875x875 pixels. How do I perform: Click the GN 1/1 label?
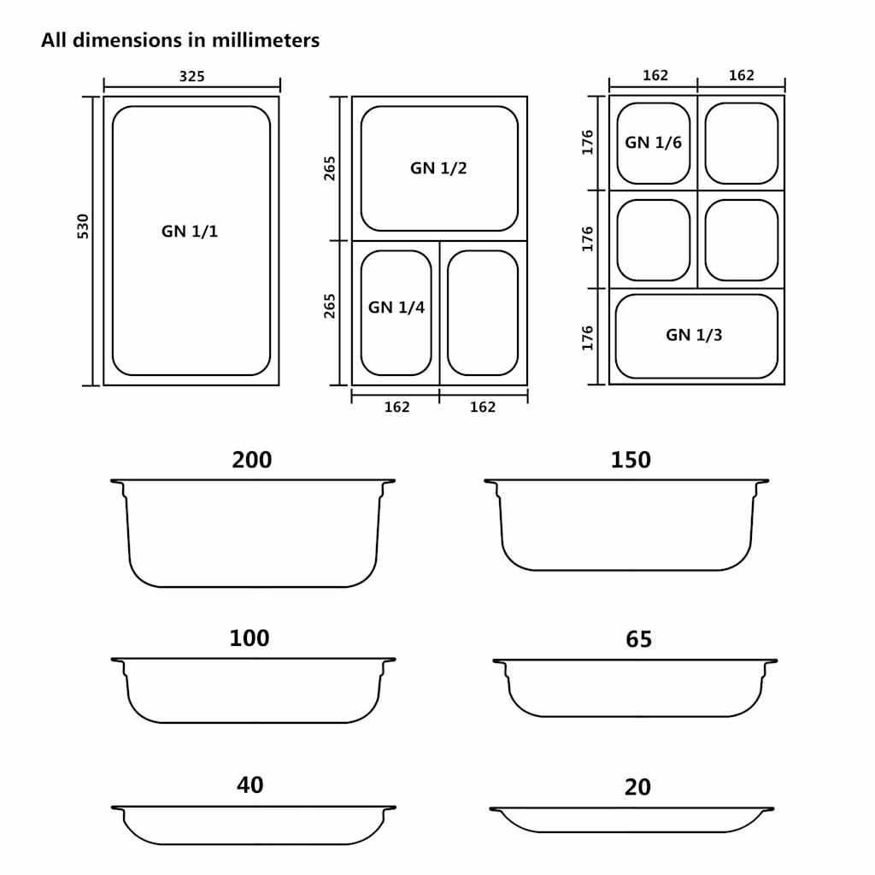(190, 231)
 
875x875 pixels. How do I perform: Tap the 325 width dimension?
(191, 77)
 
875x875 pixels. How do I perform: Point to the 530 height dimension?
(83, 226)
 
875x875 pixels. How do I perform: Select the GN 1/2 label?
(438, 168)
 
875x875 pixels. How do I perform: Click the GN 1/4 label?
(396, 308)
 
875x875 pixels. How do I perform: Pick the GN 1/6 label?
(653, 143)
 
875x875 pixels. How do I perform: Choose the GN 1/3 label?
(694, 335)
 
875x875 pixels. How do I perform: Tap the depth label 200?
(252, 460)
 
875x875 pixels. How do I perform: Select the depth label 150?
(631, 460)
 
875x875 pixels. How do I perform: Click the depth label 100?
(250, 638)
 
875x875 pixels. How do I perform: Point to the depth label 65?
(638, 639)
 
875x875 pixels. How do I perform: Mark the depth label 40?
(250, 784)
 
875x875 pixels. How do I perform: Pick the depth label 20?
(637, 787)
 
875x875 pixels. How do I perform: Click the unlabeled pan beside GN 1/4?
(483, 313)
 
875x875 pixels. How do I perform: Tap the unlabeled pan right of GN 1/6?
(741, 143)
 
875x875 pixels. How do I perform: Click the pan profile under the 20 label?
(631, 819)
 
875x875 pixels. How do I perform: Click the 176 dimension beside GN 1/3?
(588, 338)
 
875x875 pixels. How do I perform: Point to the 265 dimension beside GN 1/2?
(330, 168)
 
